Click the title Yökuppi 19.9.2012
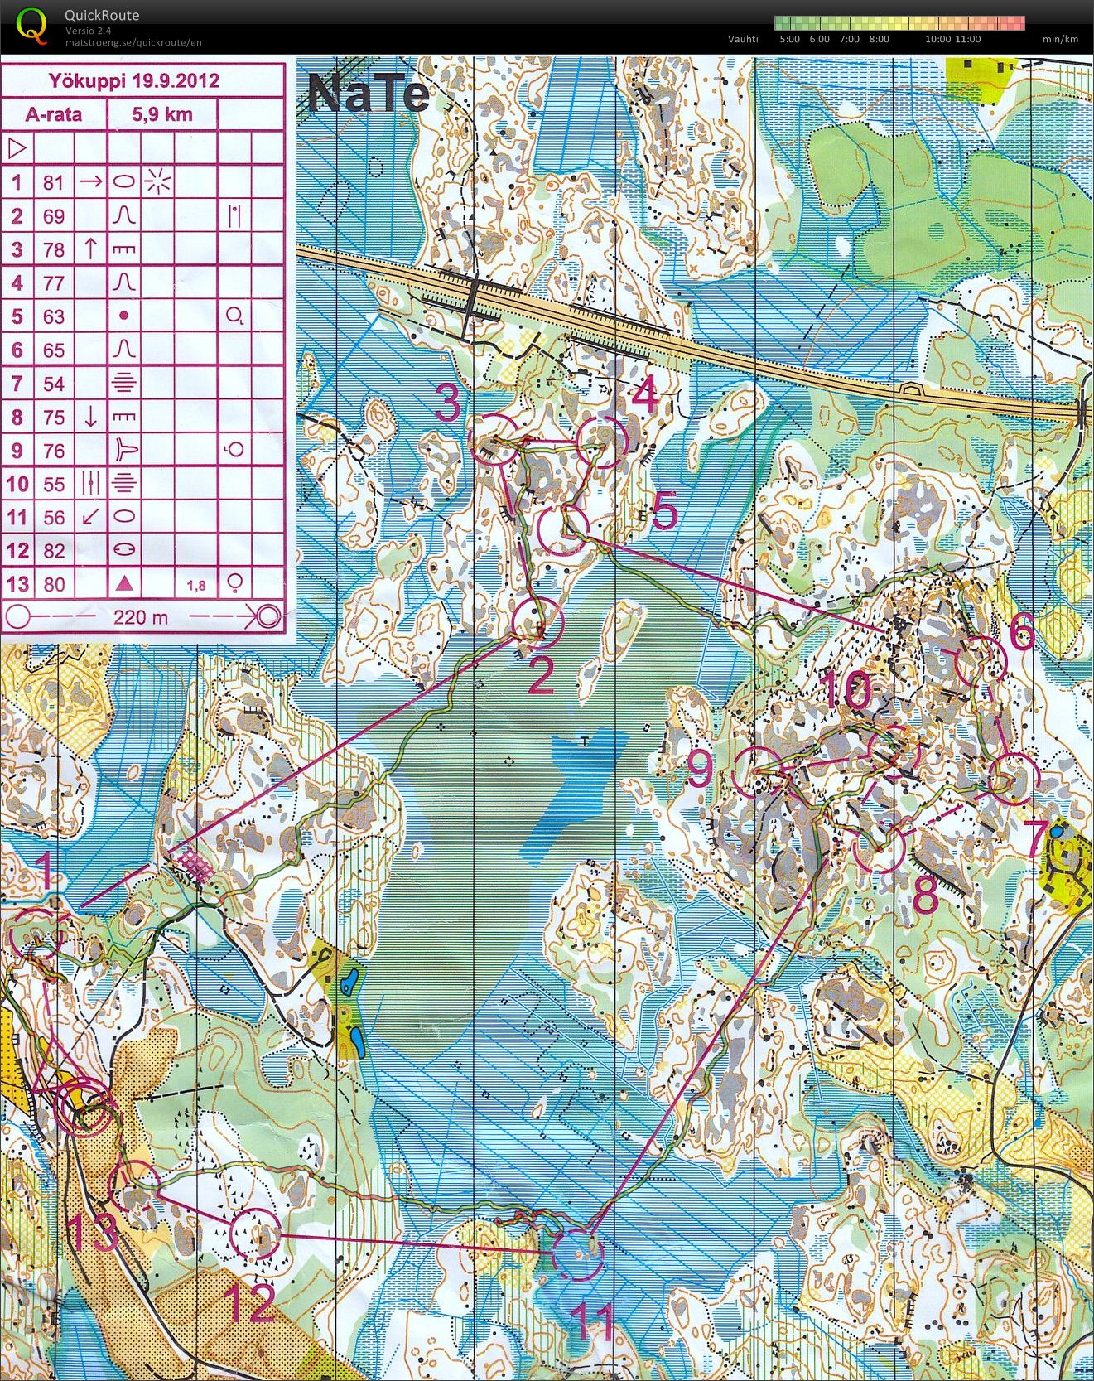click(133, 80)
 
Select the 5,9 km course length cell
click(162, 114)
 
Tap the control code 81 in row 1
click(54, 181)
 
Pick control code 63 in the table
click(54, 316)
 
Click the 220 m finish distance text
click(141, 616)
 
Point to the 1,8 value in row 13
click(196, 586)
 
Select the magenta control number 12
click(249, 1303)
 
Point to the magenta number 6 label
click(1022, 634)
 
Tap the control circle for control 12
click(253, 1234)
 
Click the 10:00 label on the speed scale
click(937, 39)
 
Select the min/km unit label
click(1060, 39)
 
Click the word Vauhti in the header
click(743, 39)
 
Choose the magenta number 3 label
click(447, 403)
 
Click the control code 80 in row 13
click(54, 584)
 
